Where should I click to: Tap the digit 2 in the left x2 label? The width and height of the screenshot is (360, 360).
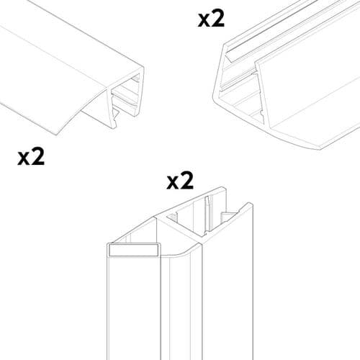click(37, 156)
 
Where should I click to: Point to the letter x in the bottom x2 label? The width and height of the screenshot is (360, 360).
click(173, 182)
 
